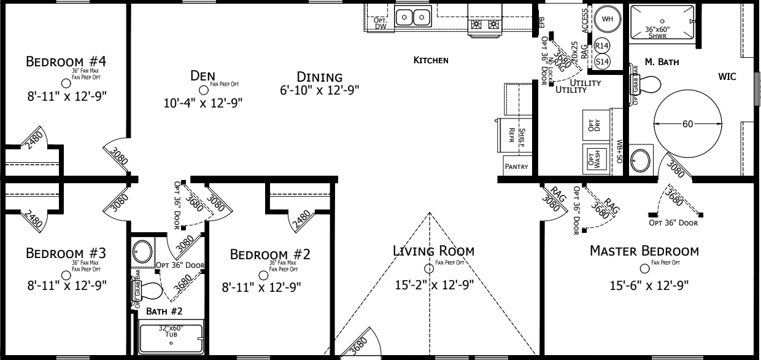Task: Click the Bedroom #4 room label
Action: pyautogui.click(x=66, y=62)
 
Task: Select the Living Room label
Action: pyautogui.click(x=435, y=251)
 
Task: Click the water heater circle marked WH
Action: pyautogui.click(x=608, y=19)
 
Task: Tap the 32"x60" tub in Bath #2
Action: pyautogui.click(x=170, y=336)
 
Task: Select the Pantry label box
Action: pyautogui.click(x=516, y=166)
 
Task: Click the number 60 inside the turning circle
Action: pyautogui.click(x=687, y=123)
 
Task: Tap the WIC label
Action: pyautogui.click(x=727, y=77)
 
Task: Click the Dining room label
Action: pyautogui.click(x=319, y=77)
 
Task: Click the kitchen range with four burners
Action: pyautogui.click(x=484, y=25)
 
